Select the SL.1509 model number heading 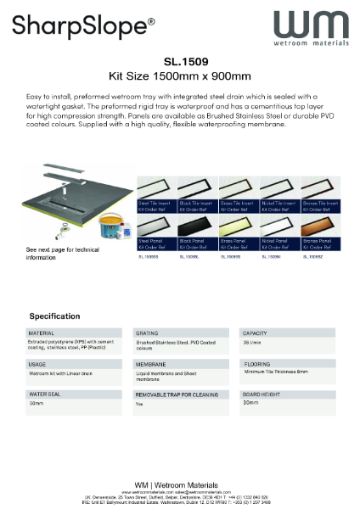pos(180,61)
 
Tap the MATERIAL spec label pos(42,333)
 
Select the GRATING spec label pos(148,333)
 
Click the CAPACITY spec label pos(256,333)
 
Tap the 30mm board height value pos(250,403)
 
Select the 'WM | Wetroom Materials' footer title pos(180,482)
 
